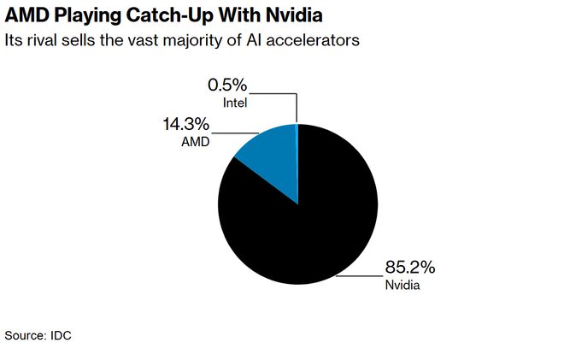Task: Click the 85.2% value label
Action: coord(411,268)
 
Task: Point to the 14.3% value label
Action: coord(187,125)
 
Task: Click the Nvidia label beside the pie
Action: coord(402,284)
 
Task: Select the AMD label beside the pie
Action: coord(197,141)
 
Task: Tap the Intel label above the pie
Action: coord(235,103)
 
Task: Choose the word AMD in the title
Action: coord(26,16)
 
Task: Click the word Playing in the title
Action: coord(91,16)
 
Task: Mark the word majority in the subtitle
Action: coord(194,40)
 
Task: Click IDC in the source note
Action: coord(61,336)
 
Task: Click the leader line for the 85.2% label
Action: coord(359,276)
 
